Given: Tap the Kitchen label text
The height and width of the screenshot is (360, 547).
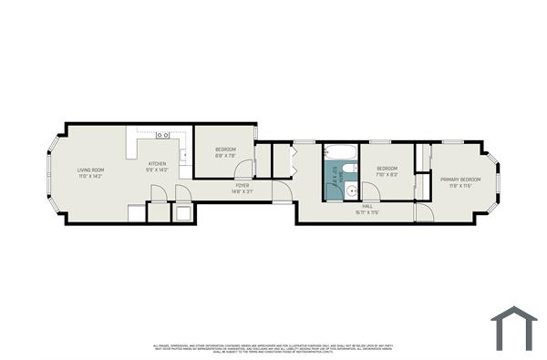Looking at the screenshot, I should [158, 166].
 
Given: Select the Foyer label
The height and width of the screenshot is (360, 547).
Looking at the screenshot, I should [241, 189].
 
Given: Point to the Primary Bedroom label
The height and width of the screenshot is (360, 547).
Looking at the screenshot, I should [460, 182].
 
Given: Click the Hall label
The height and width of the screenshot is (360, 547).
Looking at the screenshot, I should [367, 210].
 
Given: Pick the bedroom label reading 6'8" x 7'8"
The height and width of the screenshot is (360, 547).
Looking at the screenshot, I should [225, 152].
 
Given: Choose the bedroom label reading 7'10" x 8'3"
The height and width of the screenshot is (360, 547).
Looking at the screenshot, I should [387, 170].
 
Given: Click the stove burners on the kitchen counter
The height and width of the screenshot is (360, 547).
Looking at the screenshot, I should [164, 135].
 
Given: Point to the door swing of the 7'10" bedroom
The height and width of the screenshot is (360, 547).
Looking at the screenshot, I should [371, 190].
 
